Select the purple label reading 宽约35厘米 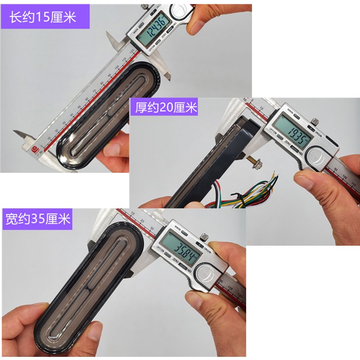tap(38, 219)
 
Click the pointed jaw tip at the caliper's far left tap(16, 133)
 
